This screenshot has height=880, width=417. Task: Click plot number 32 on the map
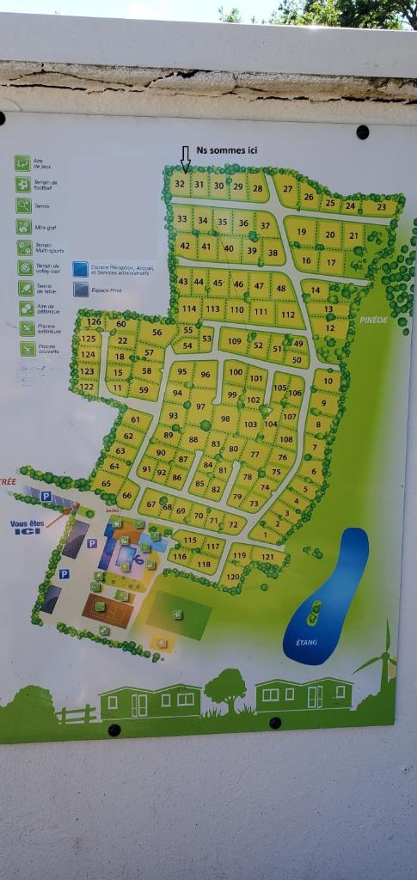[x=180, y=183]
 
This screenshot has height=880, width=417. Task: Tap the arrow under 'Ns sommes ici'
[x=185, y=160]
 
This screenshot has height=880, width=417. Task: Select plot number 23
[x=381, y=207]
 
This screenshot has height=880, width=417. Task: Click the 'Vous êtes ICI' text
[x=27, y=527]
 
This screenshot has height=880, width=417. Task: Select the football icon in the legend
[x=22, y=184]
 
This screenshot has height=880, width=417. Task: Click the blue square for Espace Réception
[x=81, y=269]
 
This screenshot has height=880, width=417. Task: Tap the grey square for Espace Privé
[x=81, y=290]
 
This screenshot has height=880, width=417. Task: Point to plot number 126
[x=94, y=323]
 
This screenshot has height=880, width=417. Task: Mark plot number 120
[x=232, y=577]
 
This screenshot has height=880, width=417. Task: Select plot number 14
[x=317, y=290]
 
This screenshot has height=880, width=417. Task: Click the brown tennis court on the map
[x=108, y=610]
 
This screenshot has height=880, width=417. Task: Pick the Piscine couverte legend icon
[x=28, y=349]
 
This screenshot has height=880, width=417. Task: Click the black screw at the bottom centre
[x=275, y=723]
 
